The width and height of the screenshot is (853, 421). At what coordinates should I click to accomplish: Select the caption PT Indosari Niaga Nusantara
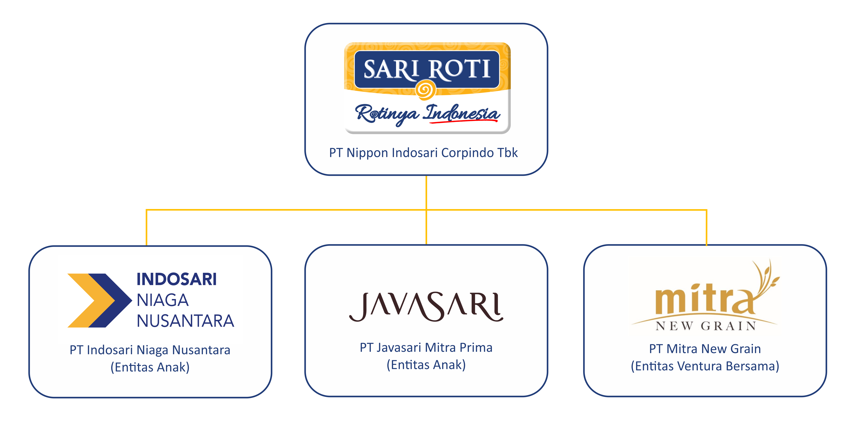(150, 350)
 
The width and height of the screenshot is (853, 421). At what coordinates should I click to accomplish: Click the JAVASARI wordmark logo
(426, 307)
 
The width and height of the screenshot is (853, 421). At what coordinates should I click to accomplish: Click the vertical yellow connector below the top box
(426, 192)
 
